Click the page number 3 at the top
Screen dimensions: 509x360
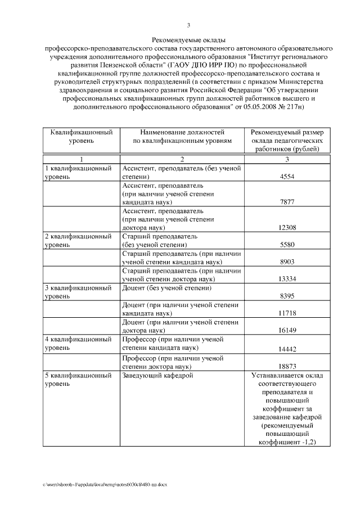189,25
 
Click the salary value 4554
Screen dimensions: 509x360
287,177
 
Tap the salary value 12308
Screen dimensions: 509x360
287,227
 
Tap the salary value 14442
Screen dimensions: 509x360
287,349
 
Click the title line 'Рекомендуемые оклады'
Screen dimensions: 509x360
189,40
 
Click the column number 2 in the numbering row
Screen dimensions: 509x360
182,159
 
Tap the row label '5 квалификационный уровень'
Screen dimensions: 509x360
78,379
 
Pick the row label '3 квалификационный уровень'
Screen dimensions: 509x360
78,291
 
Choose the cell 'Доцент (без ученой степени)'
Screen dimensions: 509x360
166,288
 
